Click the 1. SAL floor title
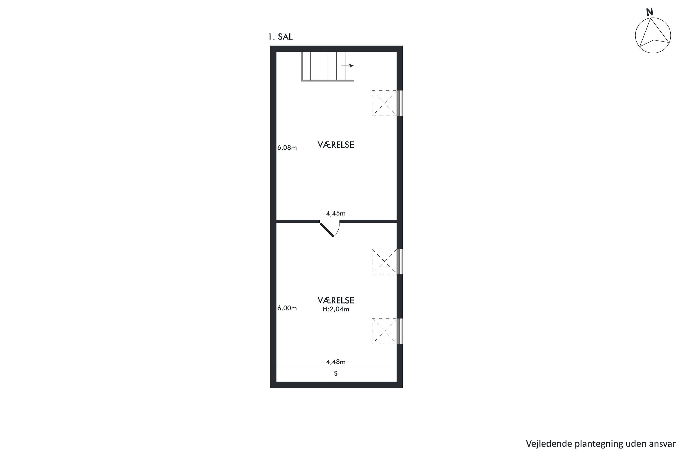(280, 37)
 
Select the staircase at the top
(327, 66)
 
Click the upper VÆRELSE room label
(336, 145)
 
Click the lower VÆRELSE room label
(336, 300)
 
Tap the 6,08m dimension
(287, 148)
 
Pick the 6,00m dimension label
(287, 308)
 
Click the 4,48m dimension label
(336, 362)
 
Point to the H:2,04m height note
(336, 309)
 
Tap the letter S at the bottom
(336, 374)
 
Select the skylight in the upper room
(384, 103)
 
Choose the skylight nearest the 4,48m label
(384, 331)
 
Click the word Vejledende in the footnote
(549, 444)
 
